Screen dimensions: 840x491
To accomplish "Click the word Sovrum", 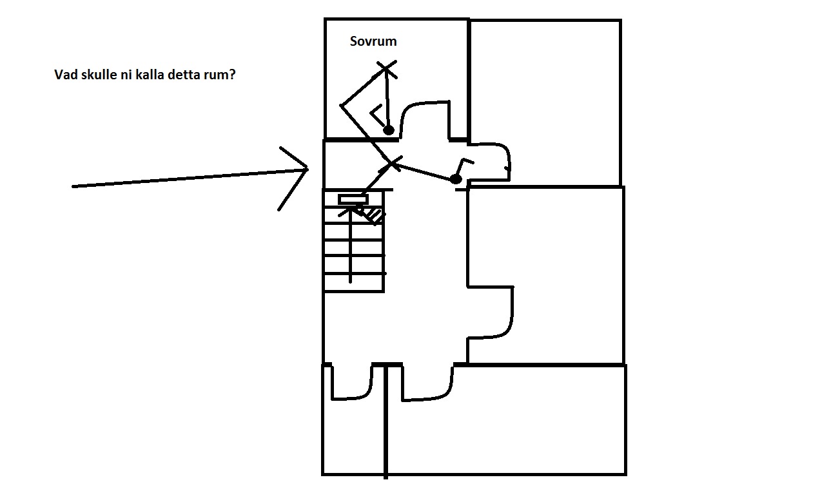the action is (x=373, y=41).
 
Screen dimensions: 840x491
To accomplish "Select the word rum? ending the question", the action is (x=219, y=75).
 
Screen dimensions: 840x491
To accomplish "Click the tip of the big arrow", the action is (x=308, y=169).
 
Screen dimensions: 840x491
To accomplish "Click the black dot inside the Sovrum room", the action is (x=389, y=130).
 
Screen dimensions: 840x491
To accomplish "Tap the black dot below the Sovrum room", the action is (x=456, y=179).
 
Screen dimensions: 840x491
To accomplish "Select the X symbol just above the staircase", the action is (x=391, y=164).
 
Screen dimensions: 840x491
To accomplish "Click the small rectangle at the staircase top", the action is (x=353, y=199).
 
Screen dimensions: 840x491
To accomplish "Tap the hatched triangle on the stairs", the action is (x=375, y=216).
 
